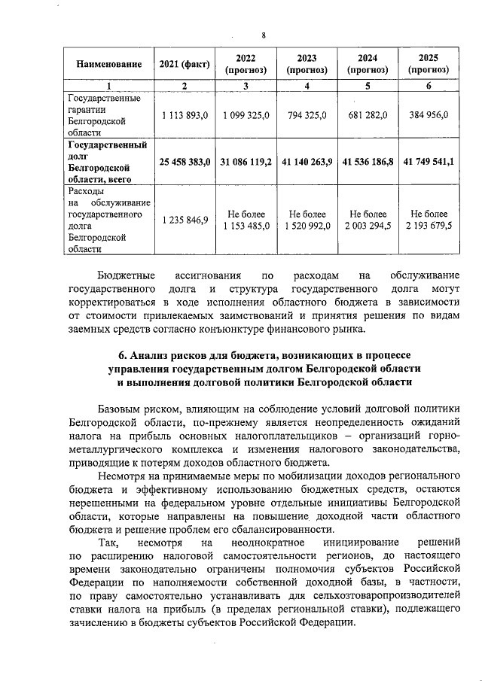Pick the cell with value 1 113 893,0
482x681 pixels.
(x=185, y=115)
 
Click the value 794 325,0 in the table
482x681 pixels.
(x=307, y=115)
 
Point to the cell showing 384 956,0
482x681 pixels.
(x=428, y=115)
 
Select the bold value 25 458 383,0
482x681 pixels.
(x=185, y=162)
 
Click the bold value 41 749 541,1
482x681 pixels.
(x=428, y=162)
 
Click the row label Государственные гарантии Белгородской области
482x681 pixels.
(x=98, y=115)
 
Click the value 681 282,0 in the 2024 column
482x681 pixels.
(x=368, y=115)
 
